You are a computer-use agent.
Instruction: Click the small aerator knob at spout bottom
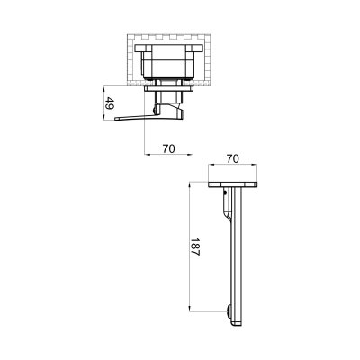231,311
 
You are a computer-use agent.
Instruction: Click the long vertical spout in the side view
238,252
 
